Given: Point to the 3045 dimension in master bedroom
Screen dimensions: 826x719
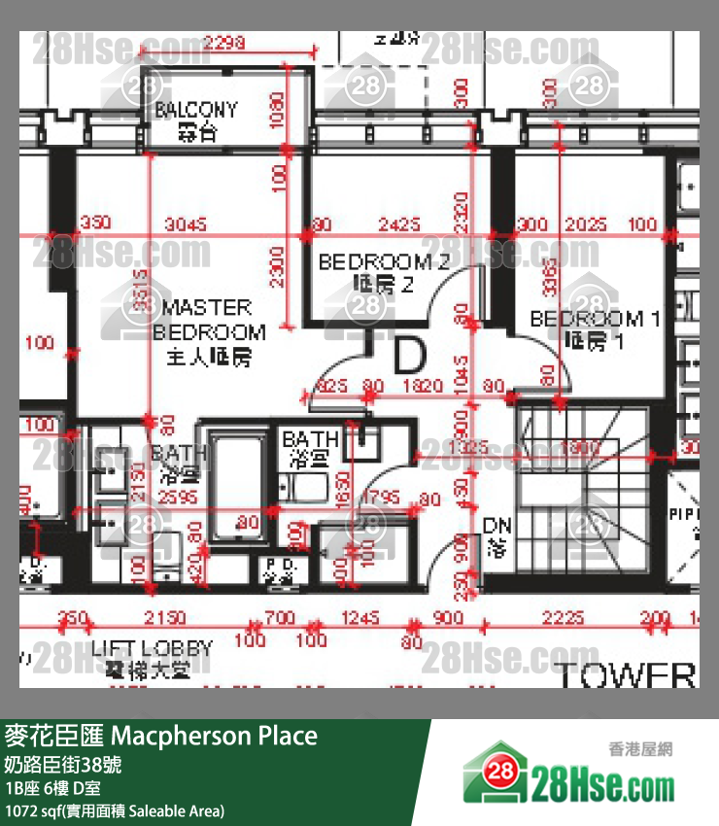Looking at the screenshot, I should pyautogui.click(x=187, y=224).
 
